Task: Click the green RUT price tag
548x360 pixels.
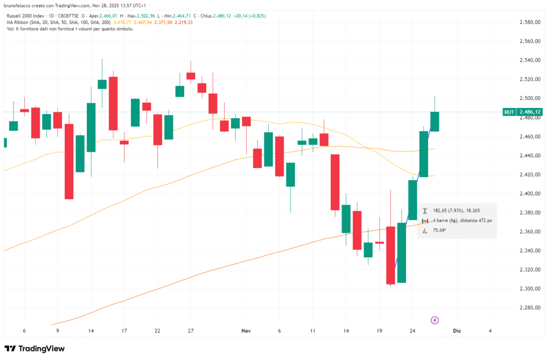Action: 522,112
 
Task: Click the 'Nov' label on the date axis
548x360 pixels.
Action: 246,331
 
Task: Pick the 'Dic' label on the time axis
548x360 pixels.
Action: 456,331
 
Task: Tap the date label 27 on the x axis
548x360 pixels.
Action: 191,331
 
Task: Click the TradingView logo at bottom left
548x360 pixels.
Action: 34,349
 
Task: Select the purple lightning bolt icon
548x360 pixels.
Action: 435,320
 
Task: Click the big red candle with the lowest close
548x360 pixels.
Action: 391,255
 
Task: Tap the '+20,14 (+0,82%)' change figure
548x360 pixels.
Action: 248,16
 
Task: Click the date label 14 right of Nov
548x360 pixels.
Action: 346,331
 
